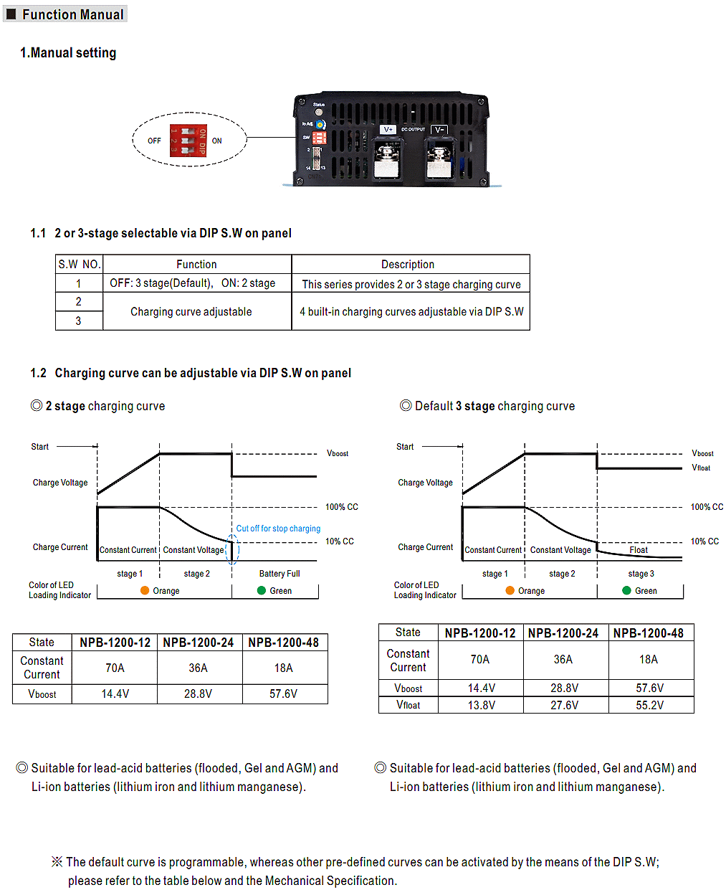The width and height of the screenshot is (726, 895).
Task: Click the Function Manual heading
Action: (72, 14)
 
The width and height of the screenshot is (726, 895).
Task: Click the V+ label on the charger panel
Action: (388, 130)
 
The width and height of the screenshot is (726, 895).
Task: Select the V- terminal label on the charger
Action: (439, 130)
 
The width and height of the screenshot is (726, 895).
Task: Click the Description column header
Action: (407, 265)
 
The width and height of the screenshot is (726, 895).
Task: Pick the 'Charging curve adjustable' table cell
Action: (191, 312)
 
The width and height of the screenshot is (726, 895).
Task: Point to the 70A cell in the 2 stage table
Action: (115, 668)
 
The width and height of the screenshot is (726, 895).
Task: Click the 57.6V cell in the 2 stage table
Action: (283, 694)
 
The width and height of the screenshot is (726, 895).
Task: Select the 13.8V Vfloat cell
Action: (481, 706)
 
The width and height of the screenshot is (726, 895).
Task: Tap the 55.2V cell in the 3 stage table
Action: (649, 706)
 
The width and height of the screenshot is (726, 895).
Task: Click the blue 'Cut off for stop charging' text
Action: (278, 529)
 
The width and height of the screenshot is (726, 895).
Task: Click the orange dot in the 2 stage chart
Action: (145, 590)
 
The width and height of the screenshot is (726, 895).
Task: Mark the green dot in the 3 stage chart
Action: (627, 590)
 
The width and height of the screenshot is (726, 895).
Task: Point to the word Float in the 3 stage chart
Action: (639, 550)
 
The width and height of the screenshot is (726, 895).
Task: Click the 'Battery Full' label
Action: (280, 574)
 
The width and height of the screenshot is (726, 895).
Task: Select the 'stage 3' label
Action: (641, 574)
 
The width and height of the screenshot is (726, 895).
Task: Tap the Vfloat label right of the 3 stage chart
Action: (701, 468)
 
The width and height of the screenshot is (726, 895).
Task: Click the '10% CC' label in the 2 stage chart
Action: (340, 541)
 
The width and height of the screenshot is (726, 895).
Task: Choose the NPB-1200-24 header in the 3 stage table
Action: (563, 633)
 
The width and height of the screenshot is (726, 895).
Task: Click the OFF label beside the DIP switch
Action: (154, 141)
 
